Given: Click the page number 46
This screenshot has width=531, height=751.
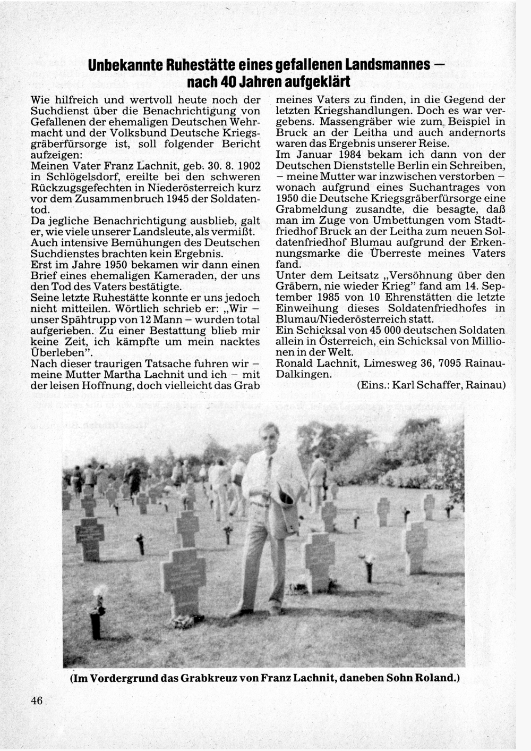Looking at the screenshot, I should click(37, 701).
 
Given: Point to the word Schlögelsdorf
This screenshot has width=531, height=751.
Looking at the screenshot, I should click(84, 177).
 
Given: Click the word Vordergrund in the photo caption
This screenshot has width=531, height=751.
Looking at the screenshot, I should click(117, 679).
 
